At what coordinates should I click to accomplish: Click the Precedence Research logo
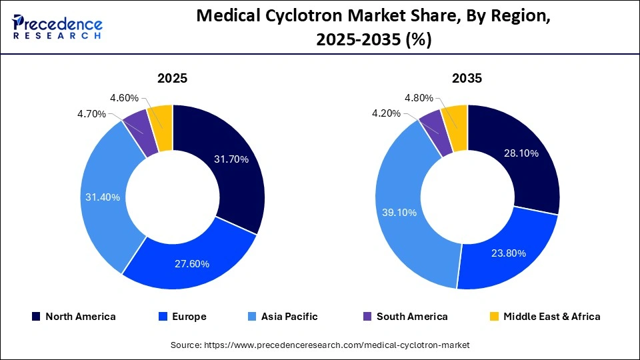[57, 27]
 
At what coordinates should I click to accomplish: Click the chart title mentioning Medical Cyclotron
[373, 29]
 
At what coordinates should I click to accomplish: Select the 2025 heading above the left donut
[172, 78]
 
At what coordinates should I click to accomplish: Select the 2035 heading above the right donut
[467, 78]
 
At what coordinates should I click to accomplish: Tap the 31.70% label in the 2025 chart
[231, 159]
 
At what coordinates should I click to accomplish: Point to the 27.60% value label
[191, 263]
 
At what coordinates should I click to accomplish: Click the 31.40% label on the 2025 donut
[103, 197]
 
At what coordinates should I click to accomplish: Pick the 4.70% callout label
[91, 114]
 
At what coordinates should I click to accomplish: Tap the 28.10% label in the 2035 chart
[521, 153]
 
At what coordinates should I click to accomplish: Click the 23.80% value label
[508, 253]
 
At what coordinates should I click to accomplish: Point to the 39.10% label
[399, 212]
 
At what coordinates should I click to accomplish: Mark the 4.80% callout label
[419, 97]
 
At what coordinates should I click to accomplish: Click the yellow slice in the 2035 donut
[455, 117]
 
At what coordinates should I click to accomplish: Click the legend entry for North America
[73, 317]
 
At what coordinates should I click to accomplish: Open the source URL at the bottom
[320, 345]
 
